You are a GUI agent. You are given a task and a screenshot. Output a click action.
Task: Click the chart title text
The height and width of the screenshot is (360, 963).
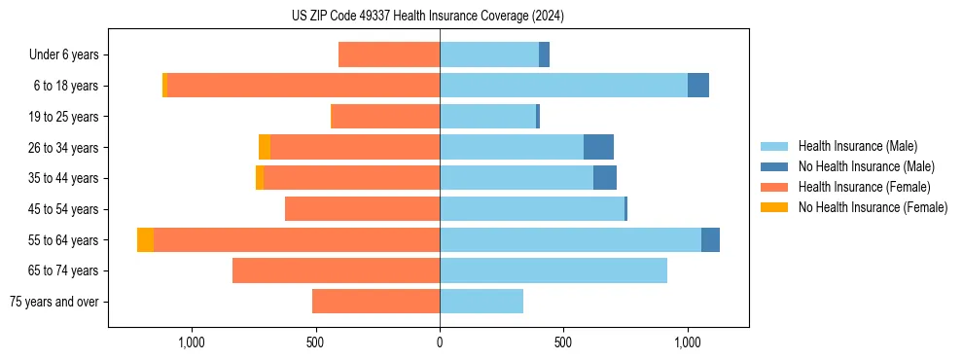[428, 16]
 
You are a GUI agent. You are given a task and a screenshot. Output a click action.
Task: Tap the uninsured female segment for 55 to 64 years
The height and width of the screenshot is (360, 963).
[145, 239]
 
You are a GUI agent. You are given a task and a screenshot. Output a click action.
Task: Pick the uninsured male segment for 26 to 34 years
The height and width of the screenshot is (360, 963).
[598, 147]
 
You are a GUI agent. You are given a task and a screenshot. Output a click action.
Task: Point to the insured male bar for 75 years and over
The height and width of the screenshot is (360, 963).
[481, 302]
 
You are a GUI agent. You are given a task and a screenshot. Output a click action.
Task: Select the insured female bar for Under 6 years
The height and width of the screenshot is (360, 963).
[389, 54]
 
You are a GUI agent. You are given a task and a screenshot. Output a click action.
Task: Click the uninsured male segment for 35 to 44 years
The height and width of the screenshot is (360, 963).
[605, 178]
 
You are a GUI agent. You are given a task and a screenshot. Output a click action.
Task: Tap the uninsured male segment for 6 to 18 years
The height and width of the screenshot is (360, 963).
[698, 86]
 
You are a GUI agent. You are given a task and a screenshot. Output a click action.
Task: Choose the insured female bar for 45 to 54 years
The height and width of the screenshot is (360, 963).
[362, 209]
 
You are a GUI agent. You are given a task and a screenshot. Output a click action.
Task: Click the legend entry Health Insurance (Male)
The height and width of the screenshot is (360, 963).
[857, 146]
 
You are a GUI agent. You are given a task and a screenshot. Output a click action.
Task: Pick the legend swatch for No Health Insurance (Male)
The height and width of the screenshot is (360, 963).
[775, 166]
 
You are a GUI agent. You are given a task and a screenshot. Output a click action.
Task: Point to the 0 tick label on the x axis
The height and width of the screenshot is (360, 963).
[440, 342]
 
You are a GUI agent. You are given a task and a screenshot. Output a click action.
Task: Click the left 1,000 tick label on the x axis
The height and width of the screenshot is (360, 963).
[191, 342]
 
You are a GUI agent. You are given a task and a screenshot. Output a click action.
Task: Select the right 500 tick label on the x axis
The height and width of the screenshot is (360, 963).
[563, 342]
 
